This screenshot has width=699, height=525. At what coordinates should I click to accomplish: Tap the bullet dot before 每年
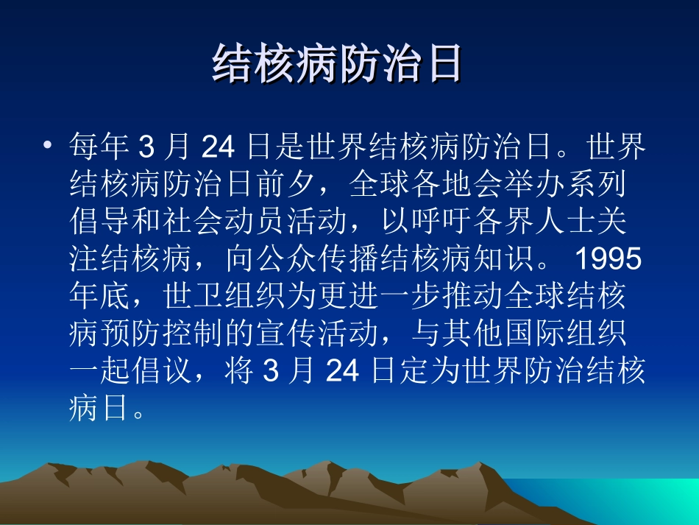49,145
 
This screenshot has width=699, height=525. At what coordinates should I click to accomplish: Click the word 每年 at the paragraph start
99,147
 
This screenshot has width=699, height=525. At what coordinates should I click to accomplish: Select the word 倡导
99,222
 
